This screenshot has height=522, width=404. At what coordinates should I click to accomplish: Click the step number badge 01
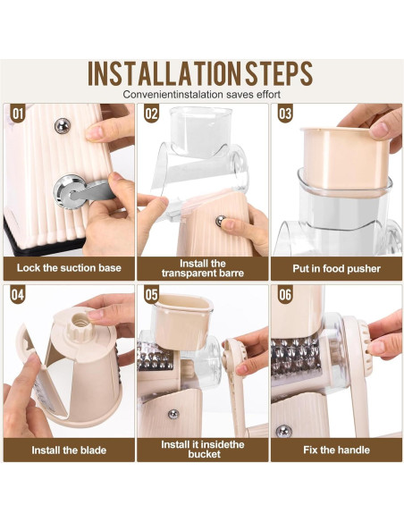[17, 114]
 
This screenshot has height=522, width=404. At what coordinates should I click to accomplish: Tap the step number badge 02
[151, 114]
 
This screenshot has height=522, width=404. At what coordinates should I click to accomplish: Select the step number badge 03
[285, 114]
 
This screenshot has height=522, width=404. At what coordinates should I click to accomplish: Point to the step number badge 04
[17, 295]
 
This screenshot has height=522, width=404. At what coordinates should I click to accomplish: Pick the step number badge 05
[151, 295]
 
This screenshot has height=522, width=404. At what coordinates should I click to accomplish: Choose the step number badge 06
[285, 295]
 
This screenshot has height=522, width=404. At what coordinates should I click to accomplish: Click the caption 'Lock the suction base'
[69, 268]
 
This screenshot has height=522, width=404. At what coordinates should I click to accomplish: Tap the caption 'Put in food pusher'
[336, 269]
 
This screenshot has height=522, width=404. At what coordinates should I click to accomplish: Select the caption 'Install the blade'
[69, 450]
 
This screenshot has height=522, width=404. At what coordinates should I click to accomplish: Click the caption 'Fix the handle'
[336, 450]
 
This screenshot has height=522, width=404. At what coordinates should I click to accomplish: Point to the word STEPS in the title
[279, 73]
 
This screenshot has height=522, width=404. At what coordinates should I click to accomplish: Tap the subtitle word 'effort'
[268, 95]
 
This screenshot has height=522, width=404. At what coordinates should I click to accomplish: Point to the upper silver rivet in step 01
[63, 126]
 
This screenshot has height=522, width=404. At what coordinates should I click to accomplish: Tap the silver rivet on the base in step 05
[173, 414]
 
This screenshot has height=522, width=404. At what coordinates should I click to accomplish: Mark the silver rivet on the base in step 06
[284, 432]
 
